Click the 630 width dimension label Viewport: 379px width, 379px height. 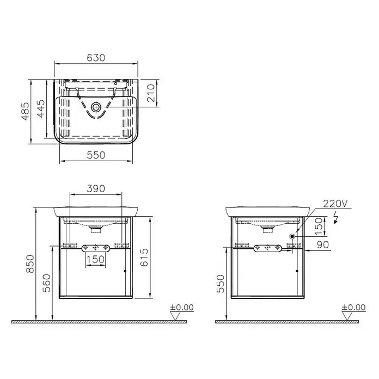pos(96,58)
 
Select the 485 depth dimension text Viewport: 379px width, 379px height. pos(26,112)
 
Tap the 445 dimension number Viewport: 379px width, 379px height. pos(41,109)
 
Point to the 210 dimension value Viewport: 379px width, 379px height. pos(150,93)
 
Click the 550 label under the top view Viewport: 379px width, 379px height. pos(96,155)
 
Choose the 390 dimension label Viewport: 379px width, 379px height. pos(96,188)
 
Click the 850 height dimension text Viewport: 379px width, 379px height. pos(30,264)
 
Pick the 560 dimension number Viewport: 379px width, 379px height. pos(47,283)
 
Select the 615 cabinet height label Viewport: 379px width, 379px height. pos(144,258)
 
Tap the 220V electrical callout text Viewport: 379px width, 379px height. pos(335,204)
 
